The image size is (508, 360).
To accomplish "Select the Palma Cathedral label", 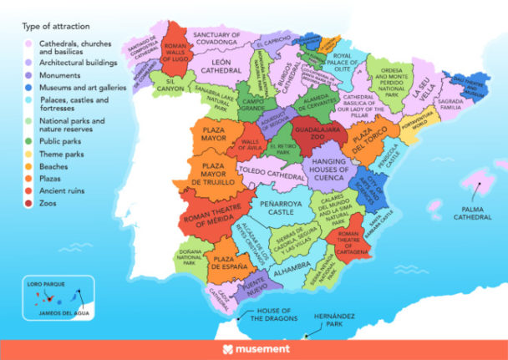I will [474, 212].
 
